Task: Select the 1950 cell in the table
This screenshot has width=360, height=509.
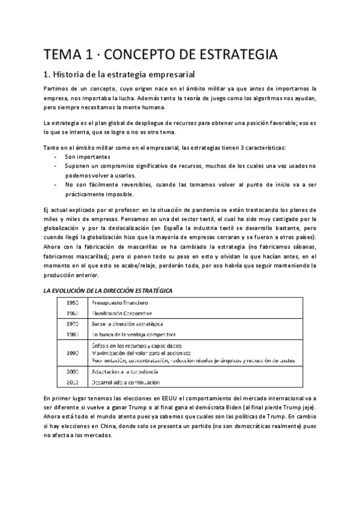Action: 73,303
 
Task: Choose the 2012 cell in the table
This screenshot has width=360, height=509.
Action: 73,382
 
